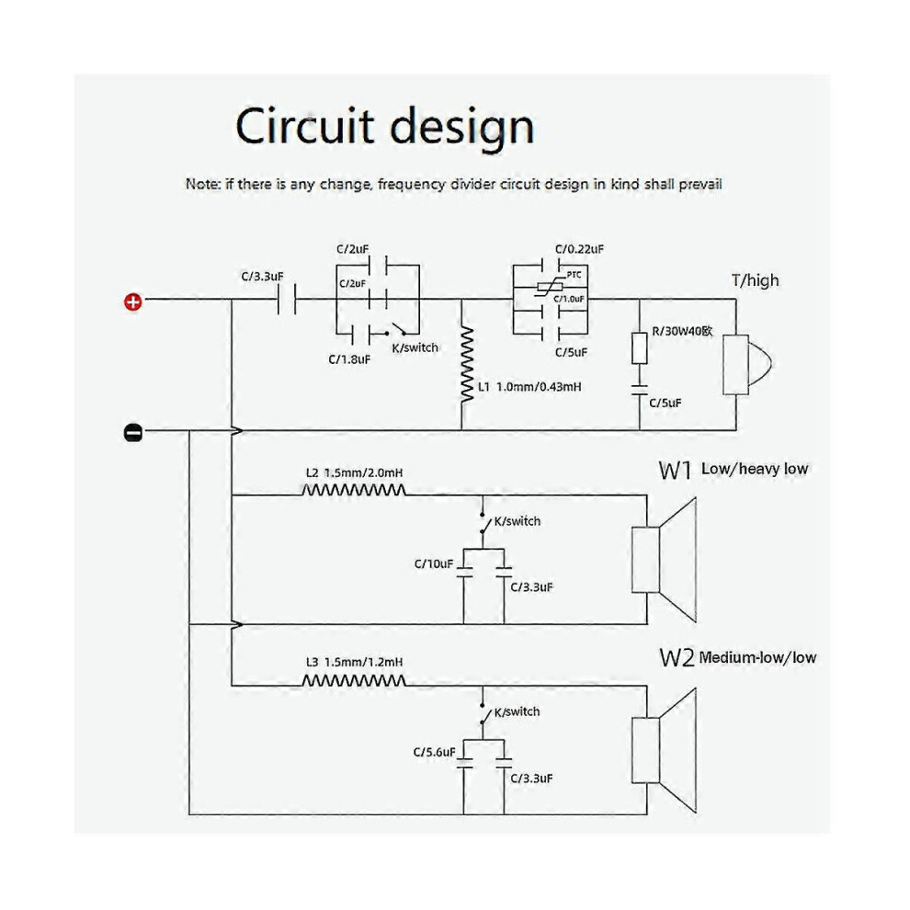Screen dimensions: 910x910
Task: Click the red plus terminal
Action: tap(133, 301)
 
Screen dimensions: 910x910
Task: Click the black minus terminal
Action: tap(133, 432)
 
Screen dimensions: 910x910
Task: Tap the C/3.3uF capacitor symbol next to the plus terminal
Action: tap(287, 300)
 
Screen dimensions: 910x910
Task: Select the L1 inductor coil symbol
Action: tap(467, 364)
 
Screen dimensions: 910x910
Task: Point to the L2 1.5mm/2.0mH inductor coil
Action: tap(354, 491)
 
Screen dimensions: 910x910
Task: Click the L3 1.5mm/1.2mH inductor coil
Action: tap(354, 680)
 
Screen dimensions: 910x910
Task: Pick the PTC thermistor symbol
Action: tap(550, 287)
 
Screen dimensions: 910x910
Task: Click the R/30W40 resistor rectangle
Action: tap(639, 348)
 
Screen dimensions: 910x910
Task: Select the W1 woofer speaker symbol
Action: tap(664, 560)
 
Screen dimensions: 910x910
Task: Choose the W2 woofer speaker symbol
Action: tap(664, 750)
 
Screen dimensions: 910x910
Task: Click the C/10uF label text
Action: tap(434, 563)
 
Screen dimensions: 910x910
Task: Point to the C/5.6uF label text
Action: tap(434, 752)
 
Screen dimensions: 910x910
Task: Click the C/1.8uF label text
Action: tap(349, 359)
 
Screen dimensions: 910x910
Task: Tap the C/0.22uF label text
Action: tap(579, 249)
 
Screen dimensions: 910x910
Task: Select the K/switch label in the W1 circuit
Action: tap(518, 521)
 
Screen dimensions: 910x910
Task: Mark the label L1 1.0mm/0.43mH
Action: tap(529, 386)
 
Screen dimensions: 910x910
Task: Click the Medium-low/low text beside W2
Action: tap(757, 657)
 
